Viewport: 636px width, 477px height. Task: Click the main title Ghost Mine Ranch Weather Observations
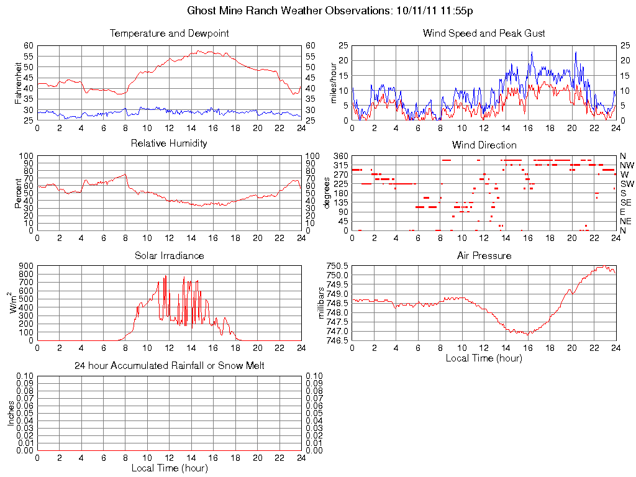click(331, 11)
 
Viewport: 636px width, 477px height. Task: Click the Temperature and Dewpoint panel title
click(169, 34)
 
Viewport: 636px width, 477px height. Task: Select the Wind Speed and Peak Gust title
click(484, 34)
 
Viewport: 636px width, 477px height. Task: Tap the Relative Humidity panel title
click(169, 143)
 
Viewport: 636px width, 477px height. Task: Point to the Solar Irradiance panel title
click(169, 255)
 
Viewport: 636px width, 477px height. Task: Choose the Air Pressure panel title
click(484, 255)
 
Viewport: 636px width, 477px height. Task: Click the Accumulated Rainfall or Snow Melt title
click(169, 366)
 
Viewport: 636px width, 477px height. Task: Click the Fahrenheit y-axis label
click(19, 83)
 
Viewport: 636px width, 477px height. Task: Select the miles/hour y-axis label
click(334, 83)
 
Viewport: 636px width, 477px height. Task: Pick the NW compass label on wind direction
click(627, 165)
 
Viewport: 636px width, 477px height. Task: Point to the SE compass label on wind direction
click(626, 202)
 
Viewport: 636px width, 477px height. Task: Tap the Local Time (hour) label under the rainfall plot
click(169, 468)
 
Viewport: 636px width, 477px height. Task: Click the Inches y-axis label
click(11, 413)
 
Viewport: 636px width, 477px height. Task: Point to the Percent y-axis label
click(19, 193)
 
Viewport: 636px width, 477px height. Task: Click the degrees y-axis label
click(327, 193)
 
